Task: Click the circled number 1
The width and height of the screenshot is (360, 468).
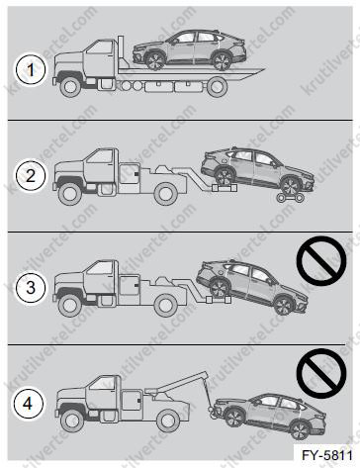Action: [x=31, y=70]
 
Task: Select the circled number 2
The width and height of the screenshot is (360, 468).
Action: [x=31, y=176]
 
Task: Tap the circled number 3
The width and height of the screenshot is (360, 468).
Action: [x=31, y=287]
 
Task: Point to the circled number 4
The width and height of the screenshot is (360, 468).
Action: [x=29, y=404]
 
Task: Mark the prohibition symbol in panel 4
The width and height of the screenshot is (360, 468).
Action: [x=321, y=373]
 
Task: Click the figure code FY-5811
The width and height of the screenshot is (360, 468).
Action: [x=327, y=455]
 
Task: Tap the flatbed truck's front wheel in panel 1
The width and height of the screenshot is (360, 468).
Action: [x=70, y=86]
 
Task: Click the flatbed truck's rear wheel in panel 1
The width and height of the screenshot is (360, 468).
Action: [x=217, y=86]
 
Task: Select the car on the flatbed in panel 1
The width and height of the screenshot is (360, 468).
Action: [x=190, y=50]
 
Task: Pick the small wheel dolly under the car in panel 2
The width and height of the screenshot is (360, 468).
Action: [x=290, y=198]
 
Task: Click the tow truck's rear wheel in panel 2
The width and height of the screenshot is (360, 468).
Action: [x=166, y=194]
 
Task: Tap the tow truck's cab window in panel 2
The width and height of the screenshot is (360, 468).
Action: [x=100, y=157]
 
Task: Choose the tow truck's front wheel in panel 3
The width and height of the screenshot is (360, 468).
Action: [x=69, y=306]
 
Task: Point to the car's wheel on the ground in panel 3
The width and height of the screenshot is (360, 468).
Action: [x=284, y=306]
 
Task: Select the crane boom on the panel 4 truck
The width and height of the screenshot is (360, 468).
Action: [x=175, y=383]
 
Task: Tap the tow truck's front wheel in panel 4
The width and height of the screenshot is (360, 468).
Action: [x=72, y=421]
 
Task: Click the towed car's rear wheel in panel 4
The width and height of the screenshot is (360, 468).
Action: [x=300, y=430]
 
